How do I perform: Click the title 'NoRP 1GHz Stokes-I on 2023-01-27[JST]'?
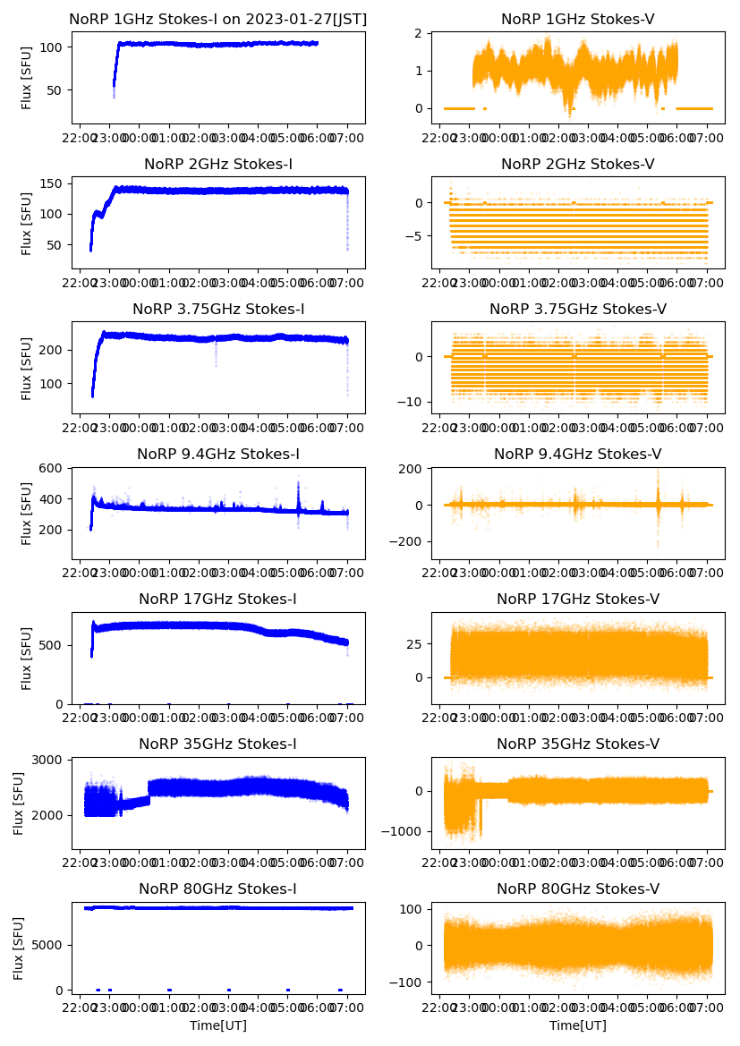[x=218, y=19]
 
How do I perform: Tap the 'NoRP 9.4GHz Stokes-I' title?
[x=218, y=454]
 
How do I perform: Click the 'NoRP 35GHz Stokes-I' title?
[x=218, y=744]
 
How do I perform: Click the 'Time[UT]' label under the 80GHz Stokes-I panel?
[x=218, y=1025]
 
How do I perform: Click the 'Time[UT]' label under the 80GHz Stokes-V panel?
[x=577, y=1025]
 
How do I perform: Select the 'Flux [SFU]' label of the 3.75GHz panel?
[x=27, y=368]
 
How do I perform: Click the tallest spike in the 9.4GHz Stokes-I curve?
[x=299, y=483]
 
